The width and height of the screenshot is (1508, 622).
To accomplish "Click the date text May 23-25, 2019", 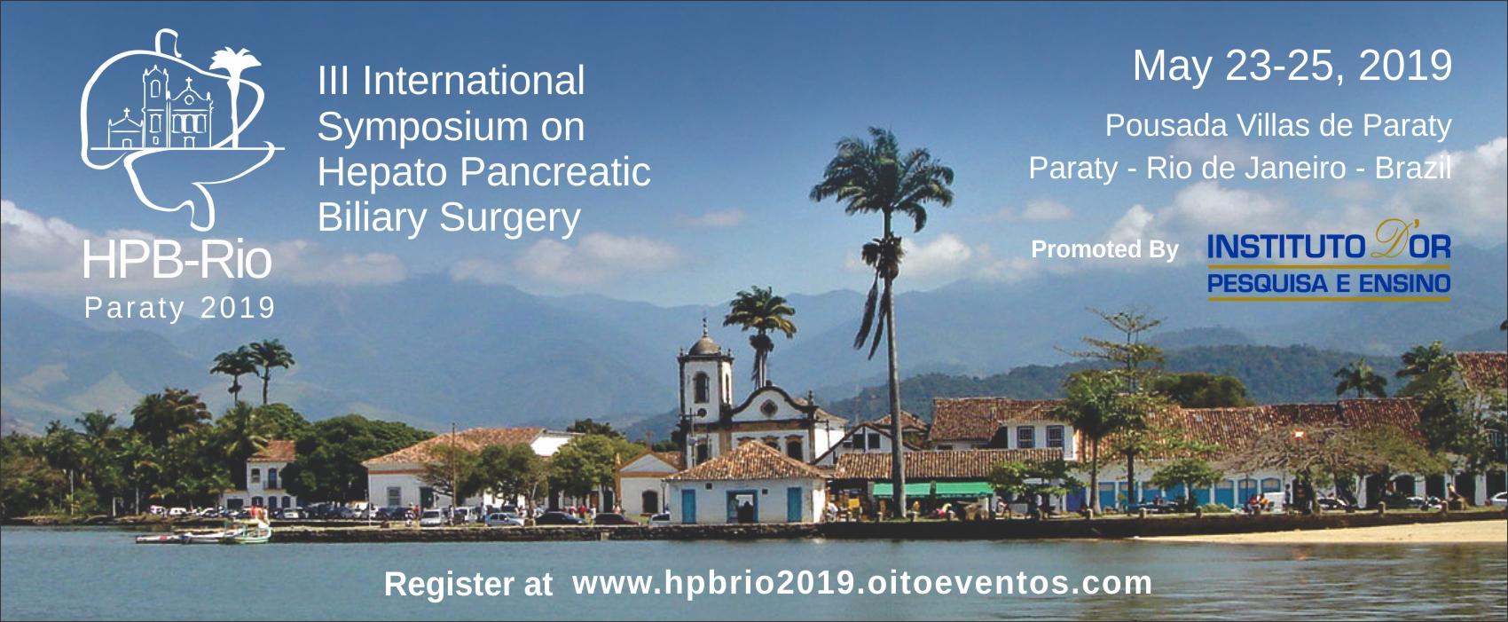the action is pyautogui.click(x=1292, y=67).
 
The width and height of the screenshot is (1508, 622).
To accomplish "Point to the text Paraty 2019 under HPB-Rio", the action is pyautogui.click(x=180, y=308).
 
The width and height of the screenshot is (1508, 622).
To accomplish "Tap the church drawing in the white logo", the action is pyautogui.click(x=161, y=110).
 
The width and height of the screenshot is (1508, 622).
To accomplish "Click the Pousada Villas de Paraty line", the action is pyautogui.click(x=1277, y=127).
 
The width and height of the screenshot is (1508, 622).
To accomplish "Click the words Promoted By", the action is pyautogui.click(x=1104, y=249).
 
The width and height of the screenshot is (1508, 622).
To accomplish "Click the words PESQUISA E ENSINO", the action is pyautogui.click(x=1328, y=283).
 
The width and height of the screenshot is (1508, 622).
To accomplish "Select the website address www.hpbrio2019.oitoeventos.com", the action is pyautogui.click(x=861, y=584).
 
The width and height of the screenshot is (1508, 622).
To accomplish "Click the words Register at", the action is pyautogui.click(x=467, y=585).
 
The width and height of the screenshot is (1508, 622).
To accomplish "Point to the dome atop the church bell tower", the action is pyautogui.click(x=705, y=344).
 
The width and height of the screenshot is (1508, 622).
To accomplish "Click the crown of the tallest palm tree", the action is pyautogui.click(x=881, y=171).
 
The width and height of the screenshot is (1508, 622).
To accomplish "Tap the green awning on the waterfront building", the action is pyautogui.click(x=933, y=490).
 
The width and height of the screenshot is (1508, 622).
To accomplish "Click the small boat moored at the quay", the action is pyautogui.click(x=247, y=533).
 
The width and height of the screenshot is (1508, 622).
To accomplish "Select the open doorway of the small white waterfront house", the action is pyautogui.click(x=742, y=507).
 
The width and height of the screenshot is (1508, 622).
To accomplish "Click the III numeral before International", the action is pyautogui.click(x=334, y=82).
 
